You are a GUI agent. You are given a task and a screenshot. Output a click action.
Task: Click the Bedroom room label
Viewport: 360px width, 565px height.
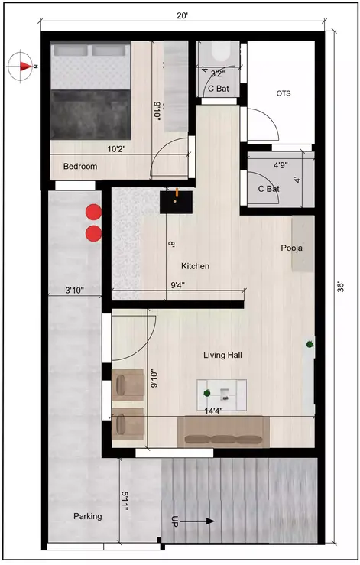[x=79, y=166]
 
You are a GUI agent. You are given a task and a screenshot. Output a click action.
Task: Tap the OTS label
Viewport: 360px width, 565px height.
[x=284, y=93]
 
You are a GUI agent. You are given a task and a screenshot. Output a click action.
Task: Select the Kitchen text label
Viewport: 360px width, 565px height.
[x=195, y=266]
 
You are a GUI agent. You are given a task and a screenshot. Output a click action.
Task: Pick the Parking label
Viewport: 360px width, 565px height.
[x=88, y=516]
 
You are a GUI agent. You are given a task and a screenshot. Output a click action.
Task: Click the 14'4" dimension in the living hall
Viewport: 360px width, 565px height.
[x=215, y=411]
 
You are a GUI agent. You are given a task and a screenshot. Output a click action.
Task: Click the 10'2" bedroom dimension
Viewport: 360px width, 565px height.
[x=115, y=150]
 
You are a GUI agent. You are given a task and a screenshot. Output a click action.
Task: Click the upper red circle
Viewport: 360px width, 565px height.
[x=93, y=212]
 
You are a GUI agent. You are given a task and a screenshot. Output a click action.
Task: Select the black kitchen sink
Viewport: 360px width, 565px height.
[x=174, y=201]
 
